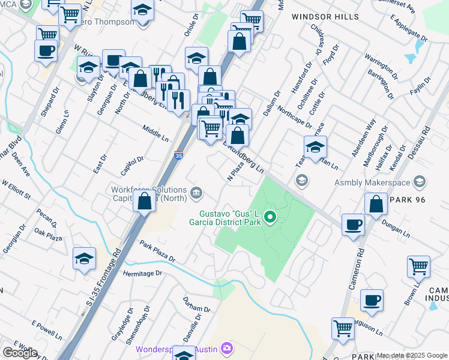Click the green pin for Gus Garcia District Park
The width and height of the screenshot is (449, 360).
coord(270,217)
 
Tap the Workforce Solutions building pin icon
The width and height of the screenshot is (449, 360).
coord(196,193)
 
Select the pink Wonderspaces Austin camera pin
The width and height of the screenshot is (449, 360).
coord(226,348)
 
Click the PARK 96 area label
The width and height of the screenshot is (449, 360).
coord(409,199)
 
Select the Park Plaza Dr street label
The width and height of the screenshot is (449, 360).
coord(158,252)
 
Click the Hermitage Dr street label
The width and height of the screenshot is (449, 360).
coord(143,273)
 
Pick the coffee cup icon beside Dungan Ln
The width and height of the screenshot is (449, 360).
coord(352,224)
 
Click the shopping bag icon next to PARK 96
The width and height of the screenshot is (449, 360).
coord(375,203)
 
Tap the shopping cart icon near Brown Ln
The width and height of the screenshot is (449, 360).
coord(418,266)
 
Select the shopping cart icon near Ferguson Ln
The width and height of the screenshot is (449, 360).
coord(343,328)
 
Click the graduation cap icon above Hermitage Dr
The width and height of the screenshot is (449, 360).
coord(84,257)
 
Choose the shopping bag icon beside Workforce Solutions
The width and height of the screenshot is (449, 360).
coord(145,201)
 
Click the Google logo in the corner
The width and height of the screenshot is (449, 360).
coord(20,353)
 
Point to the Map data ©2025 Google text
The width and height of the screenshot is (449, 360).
coord(412,355)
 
